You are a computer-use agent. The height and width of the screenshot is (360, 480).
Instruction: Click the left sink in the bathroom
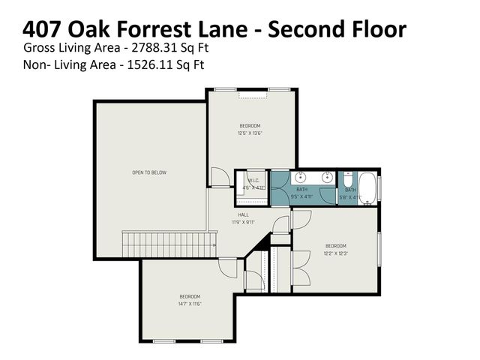point(301,178)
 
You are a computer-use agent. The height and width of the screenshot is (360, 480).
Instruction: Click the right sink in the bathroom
point(327,178)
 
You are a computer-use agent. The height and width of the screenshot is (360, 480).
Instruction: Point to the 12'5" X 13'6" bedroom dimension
point(250,133)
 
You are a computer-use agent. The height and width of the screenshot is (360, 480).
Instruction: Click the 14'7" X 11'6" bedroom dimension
point(190,303)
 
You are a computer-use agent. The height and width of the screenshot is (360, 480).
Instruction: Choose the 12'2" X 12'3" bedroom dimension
point(335,253)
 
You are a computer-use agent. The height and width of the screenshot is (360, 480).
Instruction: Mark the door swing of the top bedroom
point(217,178)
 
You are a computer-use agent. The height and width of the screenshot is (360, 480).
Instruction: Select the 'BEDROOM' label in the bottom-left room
point(190,295)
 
